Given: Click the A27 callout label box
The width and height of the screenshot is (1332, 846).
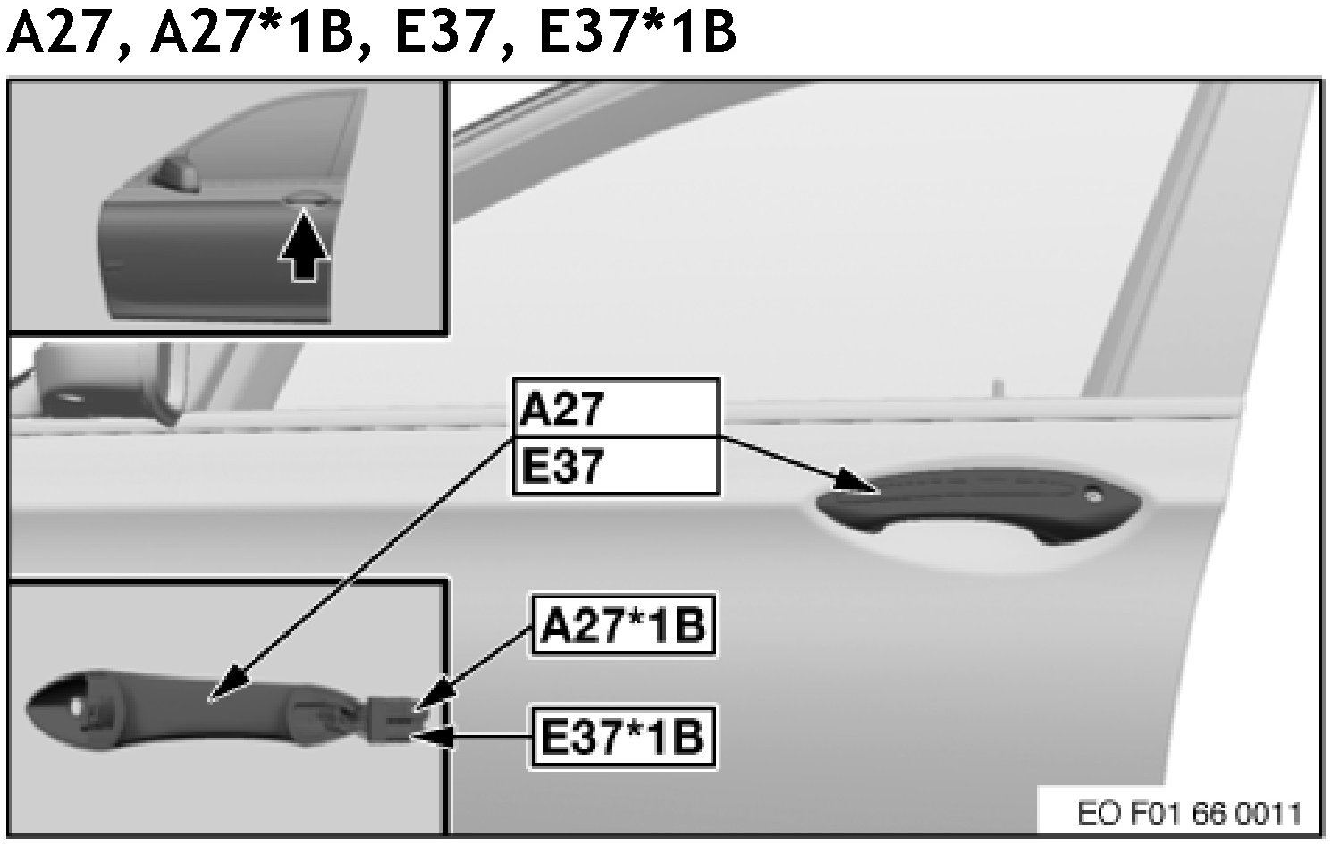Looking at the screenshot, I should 615,409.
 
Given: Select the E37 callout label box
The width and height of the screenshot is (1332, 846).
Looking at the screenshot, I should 615,466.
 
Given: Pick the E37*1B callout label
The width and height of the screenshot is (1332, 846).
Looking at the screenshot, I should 623,737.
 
